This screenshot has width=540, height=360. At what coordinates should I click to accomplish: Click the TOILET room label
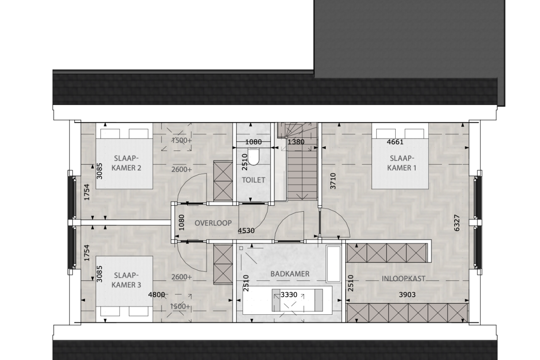tap(253, 180)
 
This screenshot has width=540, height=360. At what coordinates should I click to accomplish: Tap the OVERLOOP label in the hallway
tap(213, 223)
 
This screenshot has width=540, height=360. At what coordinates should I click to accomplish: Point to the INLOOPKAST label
tap(403, 279)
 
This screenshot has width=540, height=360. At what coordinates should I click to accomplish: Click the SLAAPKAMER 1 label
tap(401, 163)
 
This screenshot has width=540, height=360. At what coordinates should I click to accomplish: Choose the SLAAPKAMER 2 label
tap(126, 163)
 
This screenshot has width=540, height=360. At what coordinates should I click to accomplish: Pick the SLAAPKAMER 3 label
tap(126, 280)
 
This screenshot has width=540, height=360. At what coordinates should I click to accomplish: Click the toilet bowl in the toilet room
tap(253, 157)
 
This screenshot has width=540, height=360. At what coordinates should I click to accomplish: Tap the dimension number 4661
tap(395, 142)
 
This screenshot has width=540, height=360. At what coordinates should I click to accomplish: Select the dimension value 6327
tap(457, 223)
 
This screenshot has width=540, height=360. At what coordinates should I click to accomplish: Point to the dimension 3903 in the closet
tap(407, 294)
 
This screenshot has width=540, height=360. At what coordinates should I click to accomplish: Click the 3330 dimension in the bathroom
tap(289, 294)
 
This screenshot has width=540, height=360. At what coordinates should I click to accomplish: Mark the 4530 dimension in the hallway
tap(246, 231)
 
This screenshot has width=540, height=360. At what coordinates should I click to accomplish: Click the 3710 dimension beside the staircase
tap(333, 181)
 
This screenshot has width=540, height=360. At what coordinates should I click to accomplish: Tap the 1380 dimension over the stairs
tap(296, 142)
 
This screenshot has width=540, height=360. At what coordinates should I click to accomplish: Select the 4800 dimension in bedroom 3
tap(156, 294)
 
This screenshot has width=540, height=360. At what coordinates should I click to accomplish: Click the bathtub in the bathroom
tap(334, 264)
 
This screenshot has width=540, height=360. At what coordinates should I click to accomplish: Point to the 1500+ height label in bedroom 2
tap(181, 140)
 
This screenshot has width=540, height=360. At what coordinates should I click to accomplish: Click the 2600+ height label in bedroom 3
tap(181, 277)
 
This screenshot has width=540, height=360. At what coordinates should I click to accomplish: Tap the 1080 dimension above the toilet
tap(253, 142)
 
